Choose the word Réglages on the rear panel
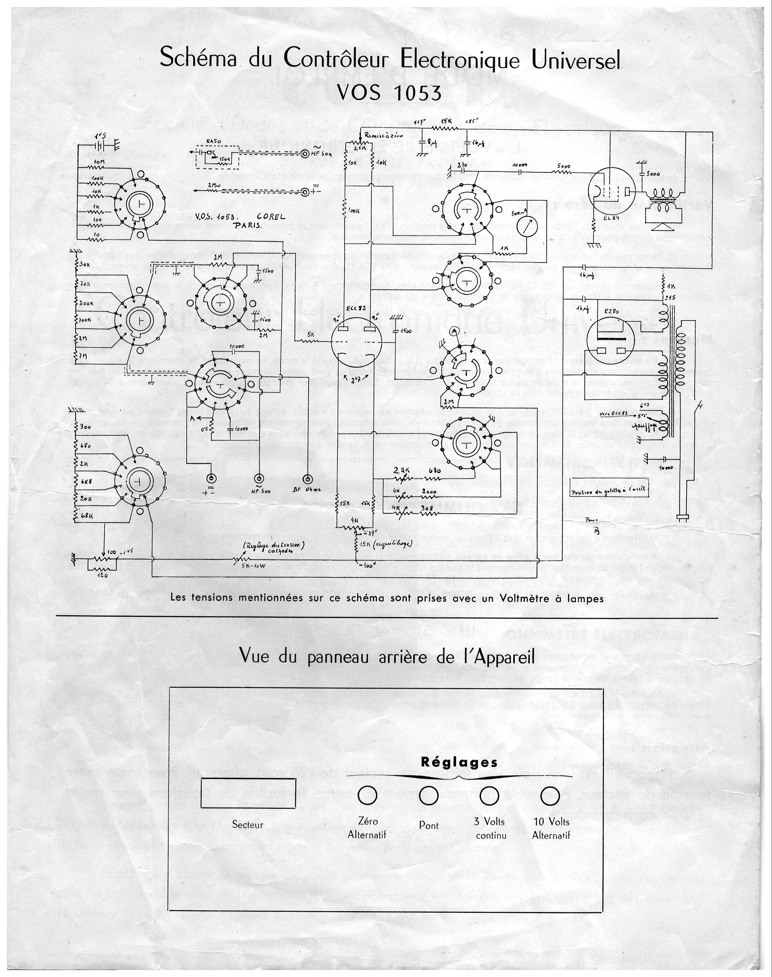pyautogui.click(x=459, y=762)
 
